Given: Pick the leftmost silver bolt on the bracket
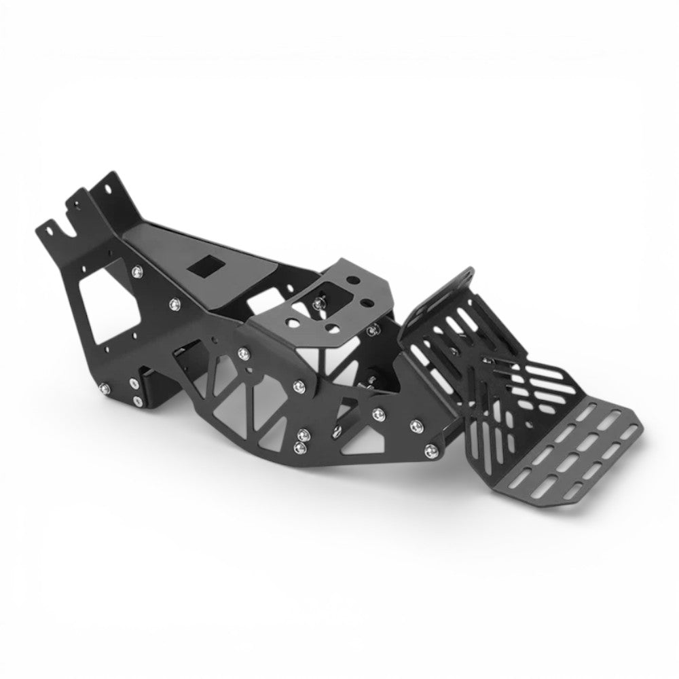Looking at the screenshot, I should click(x=103, y=389).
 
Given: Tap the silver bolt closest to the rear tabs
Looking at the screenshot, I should click(x=139, y=272).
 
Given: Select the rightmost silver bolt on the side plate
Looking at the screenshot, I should click(x=428, y=449).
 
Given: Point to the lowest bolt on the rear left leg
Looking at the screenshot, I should click(x=138, y=402).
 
